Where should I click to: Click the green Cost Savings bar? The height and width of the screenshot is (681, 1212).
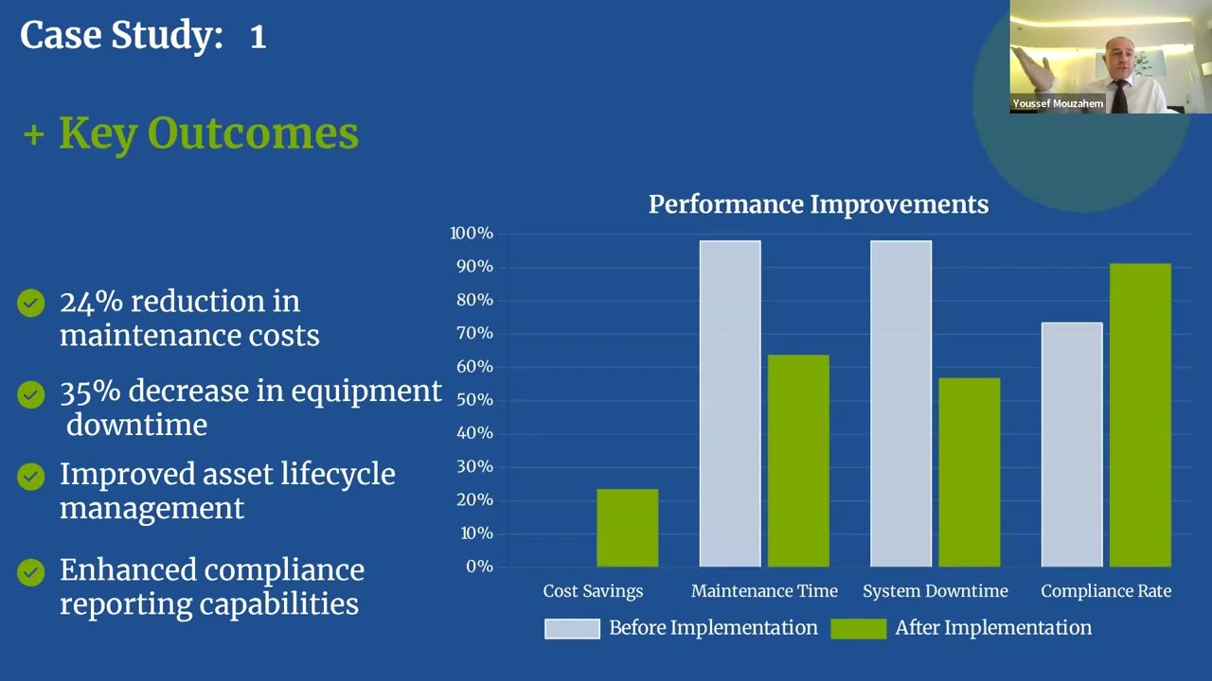point(627,528)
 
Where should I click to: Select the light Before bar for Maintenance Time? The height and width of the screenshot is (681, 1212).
point(730,404)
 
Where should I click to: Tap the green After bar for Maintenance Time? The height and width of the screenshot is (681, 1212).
point(798,461)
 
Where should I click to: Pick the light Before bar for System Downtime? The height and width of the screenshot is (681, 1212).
point(900,404)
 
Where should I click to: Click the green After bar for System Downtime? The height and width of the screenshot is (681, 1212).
point(969,472)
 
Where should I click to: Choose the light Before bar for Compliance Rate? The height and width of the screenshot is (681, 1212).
point(1072,445)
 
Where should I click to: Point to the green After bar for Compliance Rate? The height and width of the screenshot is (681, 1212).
point(1140,415)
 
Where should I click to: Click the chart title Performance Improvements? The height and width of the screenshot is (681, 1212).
point(818,204)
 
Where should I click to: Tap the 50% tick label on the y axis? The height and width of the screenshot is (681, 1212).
point(473,400)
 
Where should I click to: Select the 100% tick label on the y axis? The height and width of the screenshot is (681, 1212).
point(472,234)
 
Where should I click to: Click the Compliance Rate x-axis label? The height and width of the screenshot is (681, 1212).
point(1106,591)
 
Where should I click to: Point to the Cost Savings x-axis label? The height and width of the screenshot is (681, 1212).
point(593,591)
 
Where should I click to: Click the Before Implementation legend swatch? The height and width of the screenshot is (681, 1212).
point(572,629)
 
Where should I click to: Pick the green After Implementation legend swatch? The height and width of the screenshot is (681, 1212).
point(858,629)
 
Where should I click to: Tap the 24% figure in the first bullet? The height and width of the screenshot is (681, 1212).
point(91,302)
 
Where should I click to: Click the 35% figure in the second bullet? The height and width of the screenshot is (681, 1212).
point(91,391)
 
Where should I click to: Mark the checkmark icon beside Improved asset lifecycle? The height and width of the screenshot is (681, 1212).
point(31,477)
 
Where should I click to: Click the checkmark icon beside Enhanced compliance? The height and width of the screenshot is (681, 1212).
point(31,572)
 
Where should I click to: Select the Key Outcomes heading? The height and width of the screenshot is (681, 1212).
point(208,133)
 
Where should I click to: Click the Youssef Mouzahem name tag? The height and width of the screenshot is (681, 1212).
point(1058,103)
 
